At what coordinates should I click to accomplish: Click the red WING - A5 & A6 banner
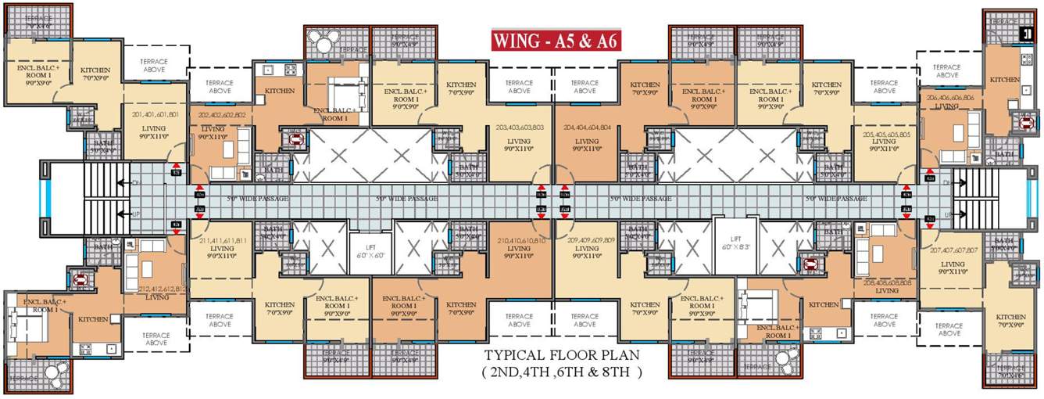556,41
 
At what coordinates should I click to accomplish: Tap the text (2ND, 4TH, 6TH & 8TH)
560,372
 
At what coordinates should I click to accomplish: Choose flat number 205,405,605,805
883,135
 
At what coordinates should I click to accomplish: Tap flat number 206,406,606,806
949,98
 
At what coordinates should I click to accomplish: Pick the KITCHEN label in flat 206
1004,80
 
